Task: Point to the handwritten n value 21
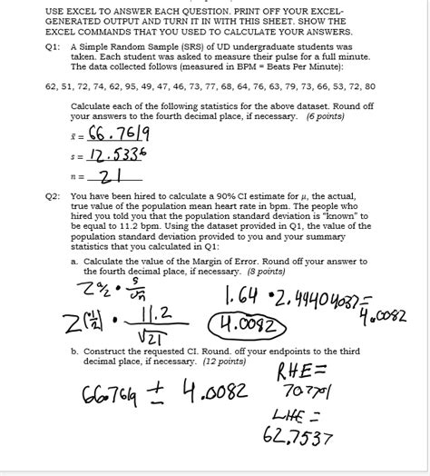coord(109,174)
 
